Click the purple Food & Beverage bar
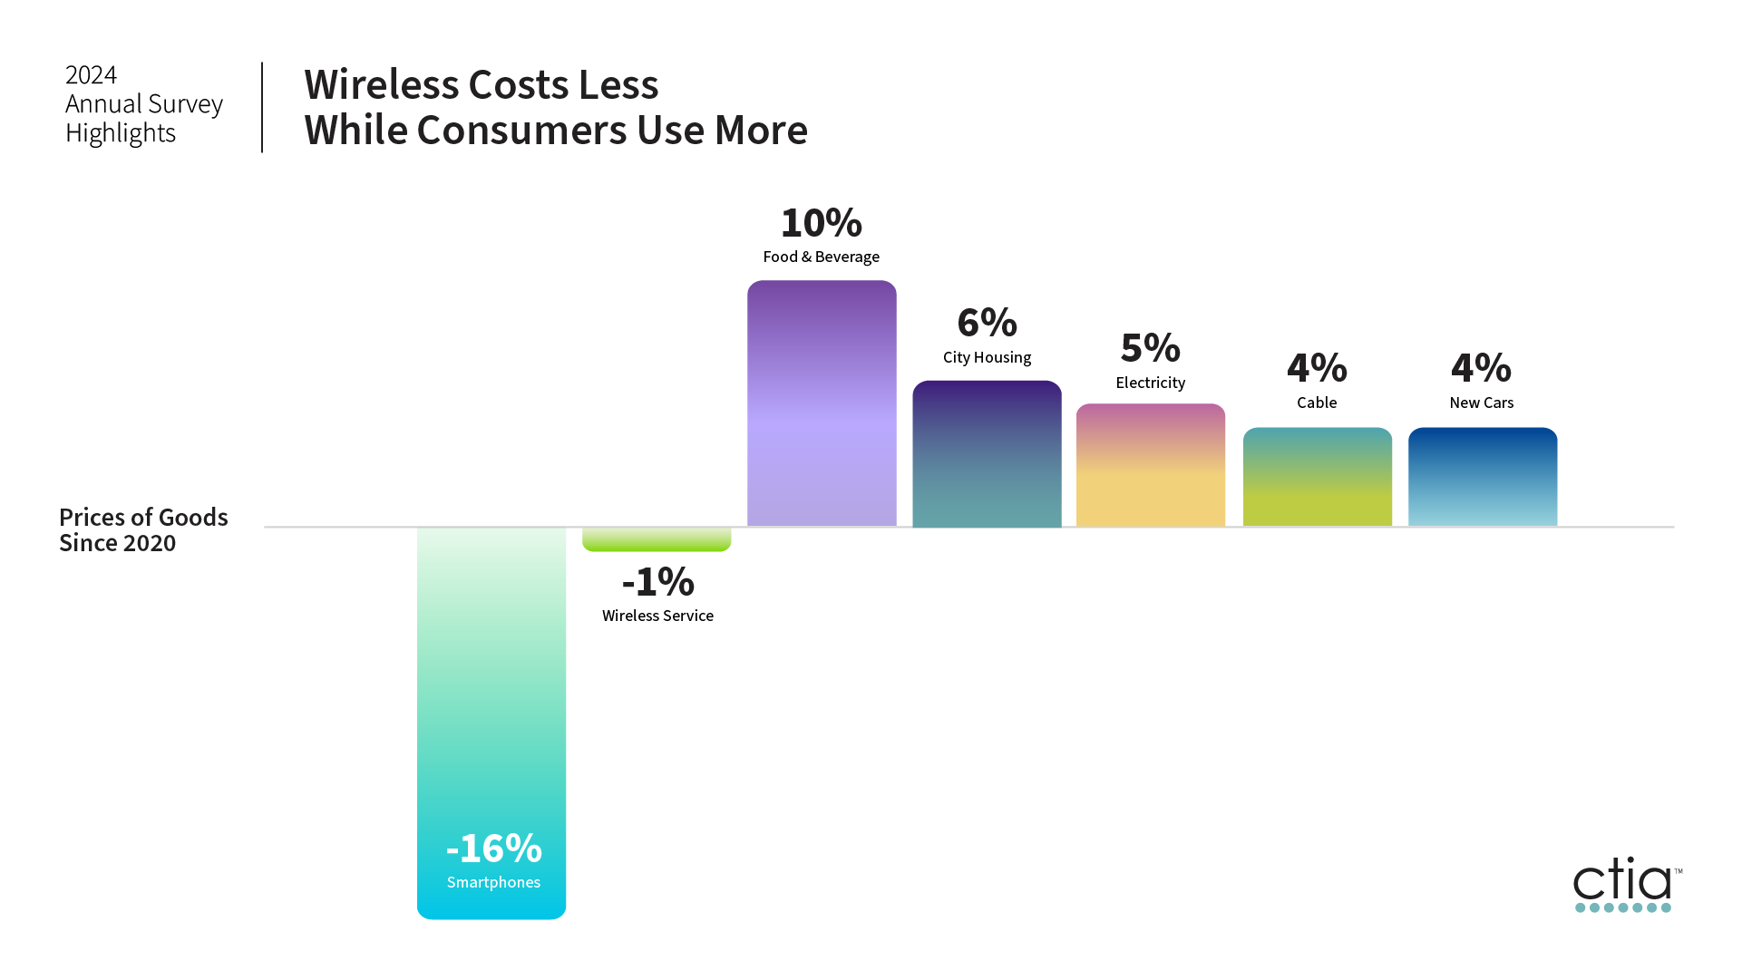822,403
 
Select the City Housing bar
987,453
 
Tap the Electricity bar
1150,465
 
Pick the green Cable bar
1317,477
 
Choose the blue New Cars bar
1482,477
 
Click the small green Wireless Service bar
657,539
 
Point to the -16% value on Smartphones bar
493,849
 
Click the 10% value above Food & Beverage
821,223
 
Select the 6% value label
987,323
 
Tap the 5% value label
1150,348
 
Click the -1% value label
657,582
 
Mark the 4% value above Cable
1317,368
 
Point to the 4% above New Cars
1481,368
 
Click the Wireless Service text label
657,616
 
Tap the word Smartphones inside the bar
493,882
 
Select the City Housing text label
987,357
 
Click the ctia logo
1626,885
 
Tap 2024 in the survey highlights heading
91,74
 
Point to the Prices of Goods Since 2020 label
143,529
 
